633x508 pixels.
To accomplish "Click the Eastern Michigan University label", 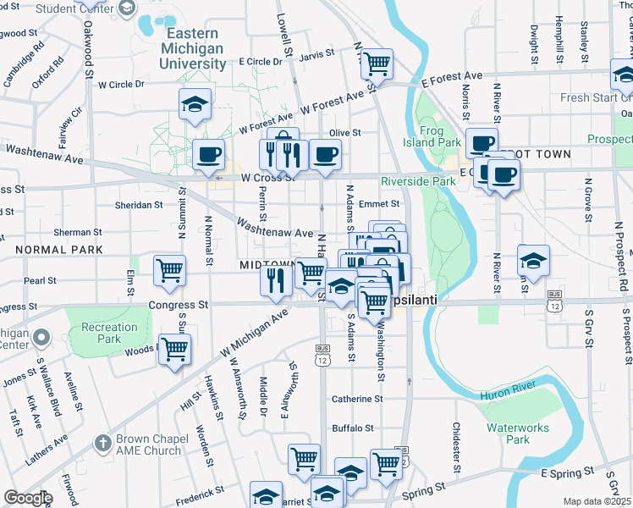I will tap(193, 47).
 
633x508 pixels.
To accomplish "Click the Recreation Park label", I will tap(109, 333).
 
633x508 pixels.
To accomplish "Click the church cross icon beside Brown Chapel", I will tap(102, 443).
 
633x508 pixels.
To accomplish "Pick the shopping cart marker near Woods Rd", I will tap(174, 349).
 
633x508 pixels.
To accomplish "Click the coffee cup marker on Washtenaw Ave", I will tap(208, 154).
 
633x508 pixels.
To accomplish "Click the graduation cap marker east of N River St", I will tap(533, 260).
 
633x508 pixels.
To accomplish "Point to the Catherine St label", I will tap(357, 399).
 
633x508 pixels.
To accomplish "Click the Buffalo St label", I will tap(352, 428).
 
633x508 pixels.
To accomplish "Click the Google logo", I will tap(28, 498).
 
